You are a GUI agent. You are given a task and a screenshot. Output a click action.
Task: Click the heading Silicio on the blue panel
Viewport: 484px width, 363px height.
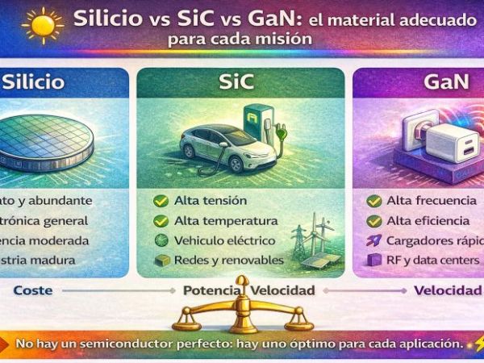(x=35, y=82)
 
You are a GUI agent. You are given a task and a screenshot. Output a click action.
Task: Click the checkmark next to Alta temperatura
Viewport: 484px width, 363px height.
(x=160, y=220)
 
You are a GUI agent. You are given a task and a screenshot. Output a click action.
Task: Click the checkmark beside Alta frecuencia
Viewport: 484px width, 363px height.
(x=373, y=201)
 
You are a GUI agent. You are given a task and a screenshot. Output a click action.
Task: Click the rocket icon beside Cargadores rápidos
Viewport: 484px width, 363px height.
(x=373, y=240)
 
